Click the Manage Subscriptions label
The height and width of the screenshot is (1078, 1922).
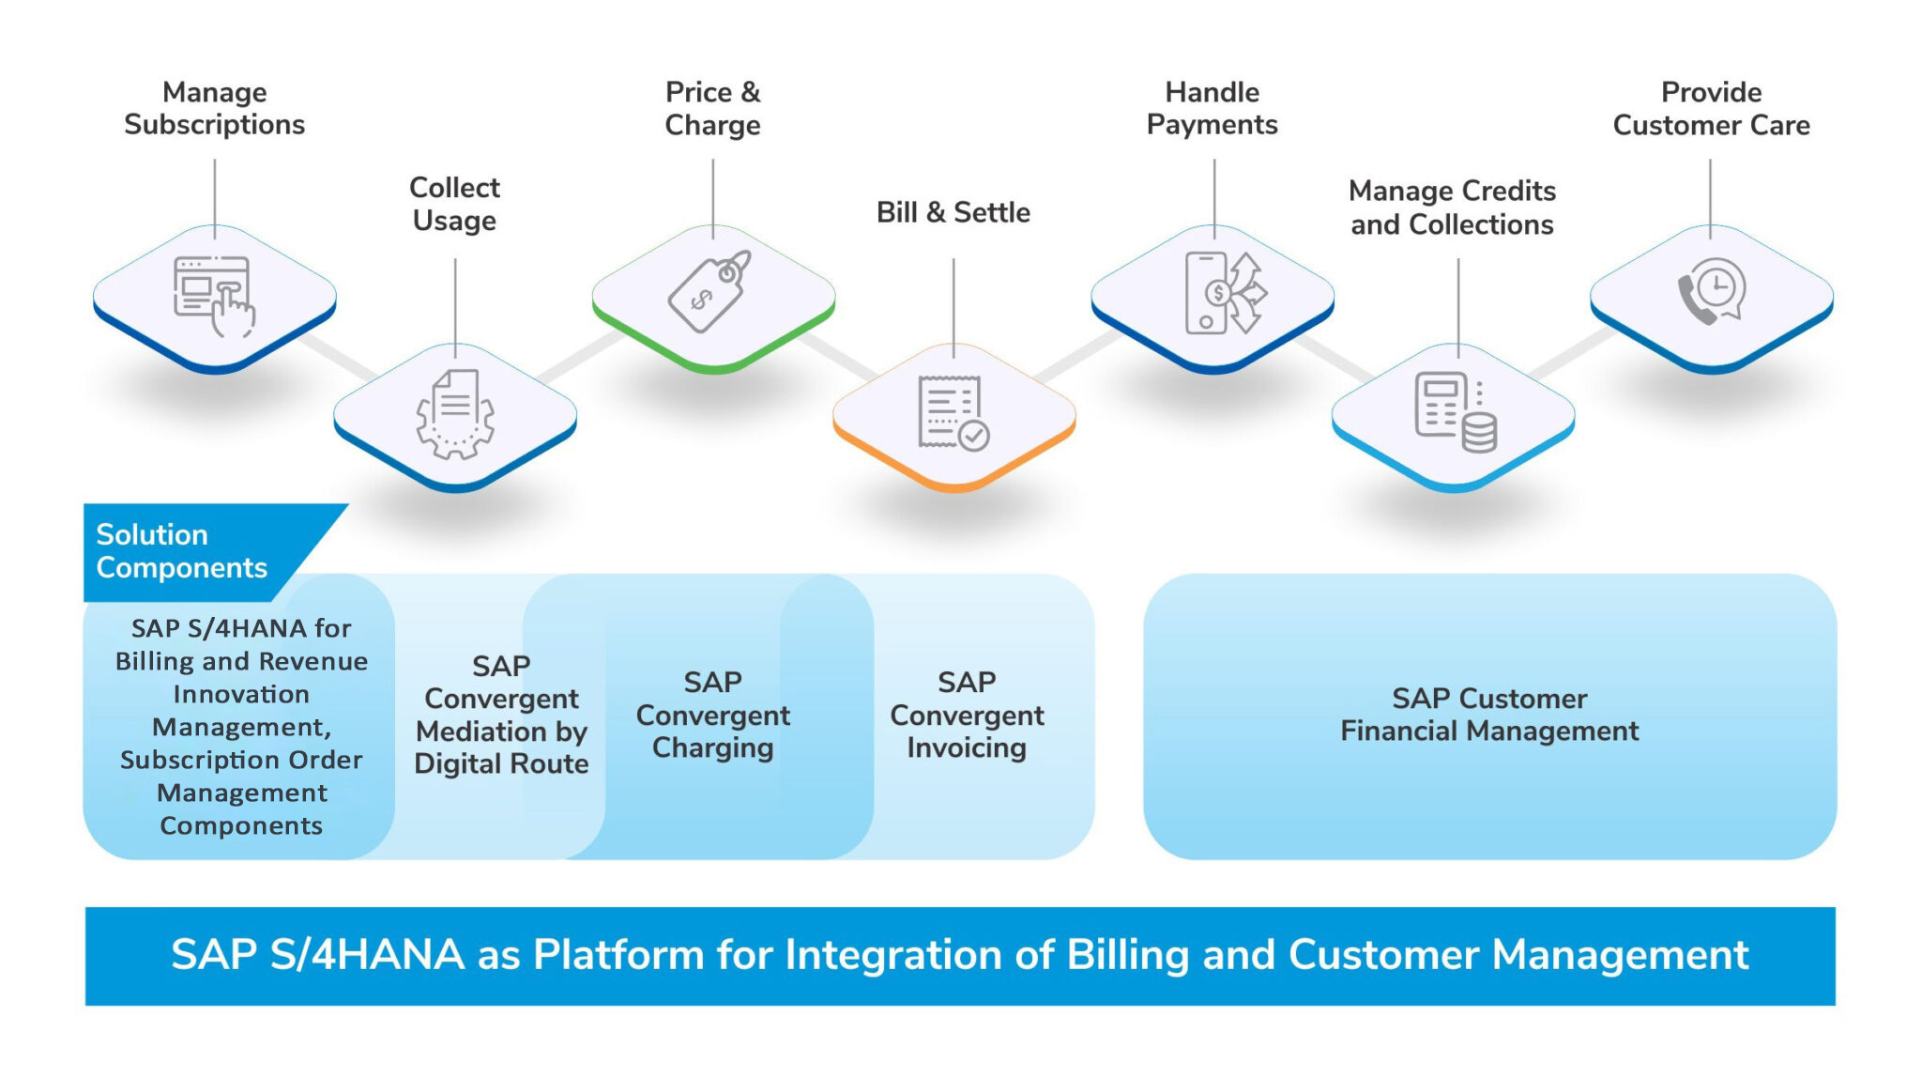214,108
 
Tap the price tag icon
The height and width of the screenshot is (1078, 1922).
710,291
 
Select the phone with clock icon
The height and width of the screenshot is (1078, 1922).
1712,292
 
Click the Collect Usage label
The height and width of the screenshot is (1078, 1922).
454,204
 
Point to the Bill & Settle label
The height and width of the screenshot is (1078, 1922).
953,212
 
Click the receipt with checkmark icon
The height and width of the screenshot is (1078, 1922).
953,413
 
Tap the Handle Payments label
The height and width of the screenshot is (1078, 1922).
1212,108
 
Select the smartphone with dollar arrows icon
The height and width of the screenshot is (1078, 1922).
1224,293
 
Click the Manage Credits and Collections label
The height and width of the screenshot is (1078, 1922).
1452,208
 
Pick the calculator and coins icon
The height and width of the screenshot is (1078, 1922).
1455,413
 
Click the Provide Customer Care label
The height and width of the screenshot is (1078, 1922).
1711,108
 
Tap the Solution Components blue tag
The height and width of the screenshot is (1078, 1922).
183,551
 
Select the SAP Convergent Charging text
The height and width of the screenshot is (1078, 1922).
712,715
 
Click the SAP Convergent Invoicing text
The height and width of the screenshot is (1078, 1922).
967,715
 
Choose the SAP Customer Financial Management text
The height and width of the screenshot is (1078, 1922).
1489,715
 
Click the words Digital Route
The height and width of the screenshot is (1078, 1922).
501,763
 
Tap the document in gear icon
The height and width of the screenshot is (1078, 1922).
455,413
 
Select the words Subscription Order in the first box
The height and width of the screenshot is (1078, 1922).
241,760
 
